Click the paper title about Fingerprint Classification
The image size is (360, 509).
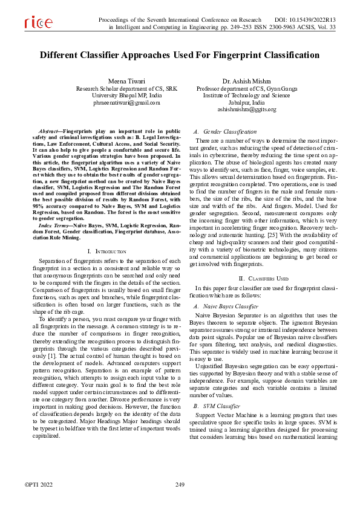pos(180,56)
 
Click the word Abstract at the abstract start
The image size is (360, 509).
pos(49,131)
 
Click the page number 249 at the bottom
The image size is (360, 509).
pos(180,485)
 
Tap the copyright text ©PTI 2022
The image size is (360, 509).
pos(38,485)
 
